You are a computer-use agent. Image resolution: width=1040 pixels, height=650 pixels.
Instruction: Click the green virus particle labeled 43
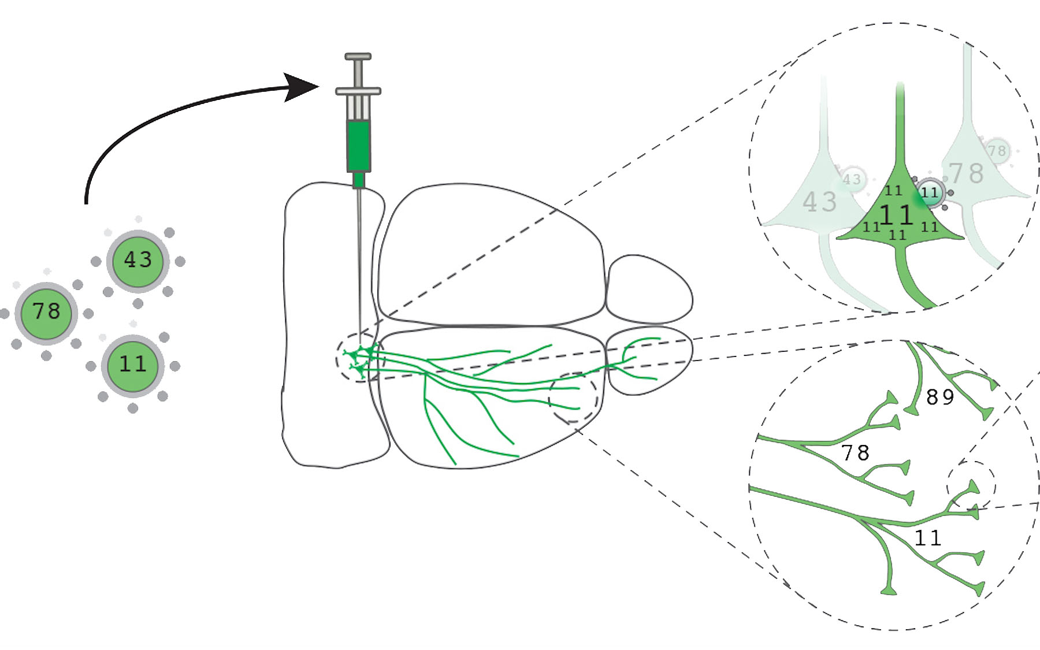[x=138, y=260]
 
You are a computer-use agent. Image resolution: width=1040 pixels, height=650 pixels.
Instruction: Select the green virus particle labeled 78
[x=46, y=312]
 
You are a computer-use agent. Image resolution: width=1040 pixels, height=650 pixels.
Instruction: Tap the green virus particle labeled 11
[x=133, y=364]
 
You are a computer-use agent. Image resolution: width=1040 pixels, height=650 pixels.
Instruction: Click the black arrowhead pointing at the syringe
[x=300, y=87]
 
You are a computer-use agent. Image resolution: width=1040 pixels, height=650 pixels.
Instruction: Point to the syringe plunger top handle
[x=358, y=57]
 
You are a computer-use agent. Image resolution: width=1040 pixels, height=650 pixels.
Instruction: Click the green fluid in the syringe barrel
[x=358, y=144]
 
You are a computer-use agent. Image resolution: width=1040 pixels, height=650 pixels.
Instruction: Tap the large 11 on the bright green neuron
[x=896, y=215]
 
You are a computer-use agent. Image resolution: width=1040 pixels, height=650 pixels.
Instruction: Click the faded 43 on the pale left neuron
[x=819, y=202]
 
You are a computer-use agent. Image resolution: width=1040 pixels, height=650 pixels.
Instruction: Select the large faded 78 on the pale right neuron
[x=966, y=173]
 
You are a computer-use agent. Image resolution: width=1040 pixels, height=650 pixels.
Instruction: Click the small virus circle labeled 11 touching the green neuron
[x=929, y=192]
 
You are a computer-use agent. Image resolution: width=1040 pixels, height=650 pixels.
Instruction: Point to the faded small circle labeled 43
[x=852, y=179]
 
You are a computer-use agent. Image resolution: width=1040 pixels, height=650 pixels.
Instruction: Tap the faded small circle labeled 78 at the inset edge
[x=997, y=151]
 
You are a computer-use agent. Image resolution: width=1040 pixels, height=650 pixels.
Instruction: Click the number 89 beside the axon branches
[x=939, y=397]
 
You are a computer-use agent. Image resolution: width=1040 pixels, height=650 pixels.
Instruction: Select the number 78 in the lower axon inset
[x=855, y=452]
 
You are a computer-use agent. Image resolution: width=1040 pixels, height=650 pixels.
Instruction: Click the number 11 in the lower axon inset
[x=928, y=538]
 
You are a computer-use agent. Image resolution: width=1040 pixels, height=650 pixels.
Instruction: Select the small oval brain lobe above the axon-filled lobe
[x=649, y=289]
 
